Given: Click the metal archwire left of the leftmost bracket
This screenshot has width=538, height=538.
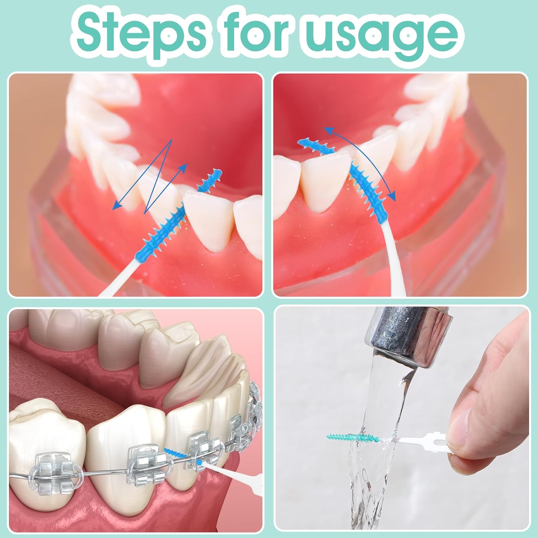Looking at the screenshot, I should (x=22, y=477).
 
